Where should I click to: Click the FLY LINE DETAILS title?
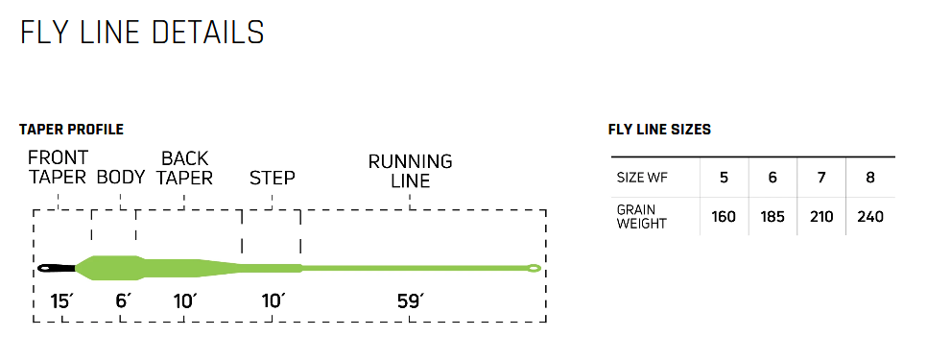point(142,32)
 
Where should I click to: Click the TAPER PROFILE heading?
point(71,130)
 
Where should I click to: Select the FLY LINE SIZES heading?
point(659,130)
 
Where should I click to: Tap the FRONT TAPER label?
point(58,167)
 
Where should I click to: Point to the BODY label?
point(121,177)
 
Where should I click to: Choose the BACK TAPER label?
point(184,167)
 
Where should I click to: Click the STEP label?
point(272,178)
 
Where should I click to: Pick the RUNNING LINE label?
point(410,171)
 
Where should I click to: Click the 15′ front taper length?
point(61,301)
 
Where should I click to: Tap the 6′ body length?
point(122,301)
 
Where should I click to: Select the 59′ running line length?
point(410,301)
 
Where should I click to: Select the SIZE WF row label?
point(642,179)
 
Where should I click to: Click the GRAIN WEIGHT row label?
point(642,216)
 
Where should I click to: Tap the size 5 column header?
point(724,178)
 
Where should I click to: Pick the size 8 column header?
point(870,178)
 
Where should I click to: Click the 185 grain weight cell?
point(772,217)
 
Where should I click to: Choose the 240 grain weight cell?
point(870,217)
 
